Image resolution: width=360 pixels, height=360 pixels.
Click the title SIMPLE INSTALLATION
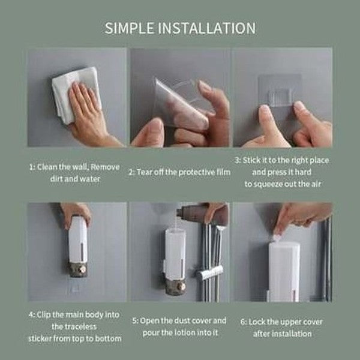click(180, 28)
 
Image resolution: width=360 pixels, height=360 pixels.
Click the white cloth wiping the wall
click(66, 90)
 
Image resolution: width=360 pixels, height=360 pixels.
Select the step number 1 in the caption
click(31, 167)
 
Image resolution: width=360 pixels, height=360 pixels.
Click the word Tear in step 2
click(148, 173)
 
